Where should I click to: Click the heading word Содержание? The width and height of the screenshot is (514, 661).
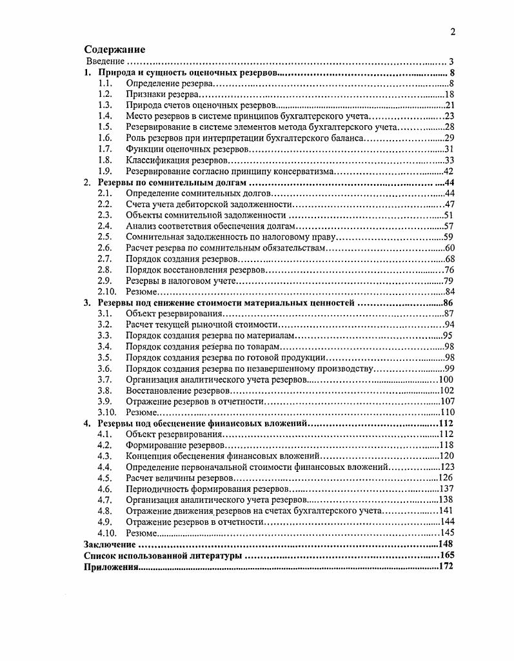115,50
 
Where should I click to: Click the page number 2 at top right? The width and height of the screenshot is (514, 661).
453,32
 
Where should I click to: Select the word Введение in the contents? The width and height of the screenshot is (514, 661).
106,61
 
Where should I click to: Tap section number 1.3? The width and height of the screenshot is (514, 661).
106,105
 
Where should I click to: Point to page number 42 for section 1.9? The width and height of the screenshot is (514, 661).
450,171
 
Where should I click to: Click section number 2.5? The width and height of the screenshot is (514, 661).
106,237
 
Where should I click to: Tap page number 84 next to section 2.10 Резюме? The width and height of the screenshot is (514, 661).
450,292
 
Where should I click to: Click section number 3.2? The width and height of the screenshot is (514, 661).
106,325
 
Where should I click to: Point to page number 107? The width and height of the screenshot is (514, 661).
447,402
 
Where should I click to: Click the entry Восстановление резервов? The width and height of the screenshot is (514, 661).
178,391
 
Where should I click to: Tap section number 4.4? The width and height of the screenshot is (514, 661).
106,467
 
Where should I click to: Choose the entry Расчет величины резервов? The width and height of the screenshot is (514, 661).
179,478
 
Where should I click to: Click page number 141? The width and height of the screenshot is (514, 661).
447,511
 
